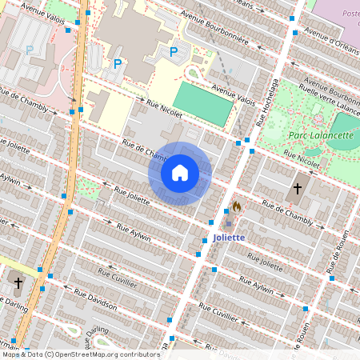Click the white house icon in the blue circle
pos(180,173)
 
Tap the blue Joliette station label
pos(229,238)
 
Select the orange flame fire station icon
pos(236,206)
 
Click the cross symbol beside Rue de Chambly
pos(298,189)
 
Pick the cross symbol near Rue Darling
pos(18,282)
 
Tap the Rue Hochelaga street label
pos(266,103)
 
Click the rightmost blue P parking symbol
pos(174,52)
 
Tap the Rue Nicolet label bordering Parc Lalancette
pos(302,163)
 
